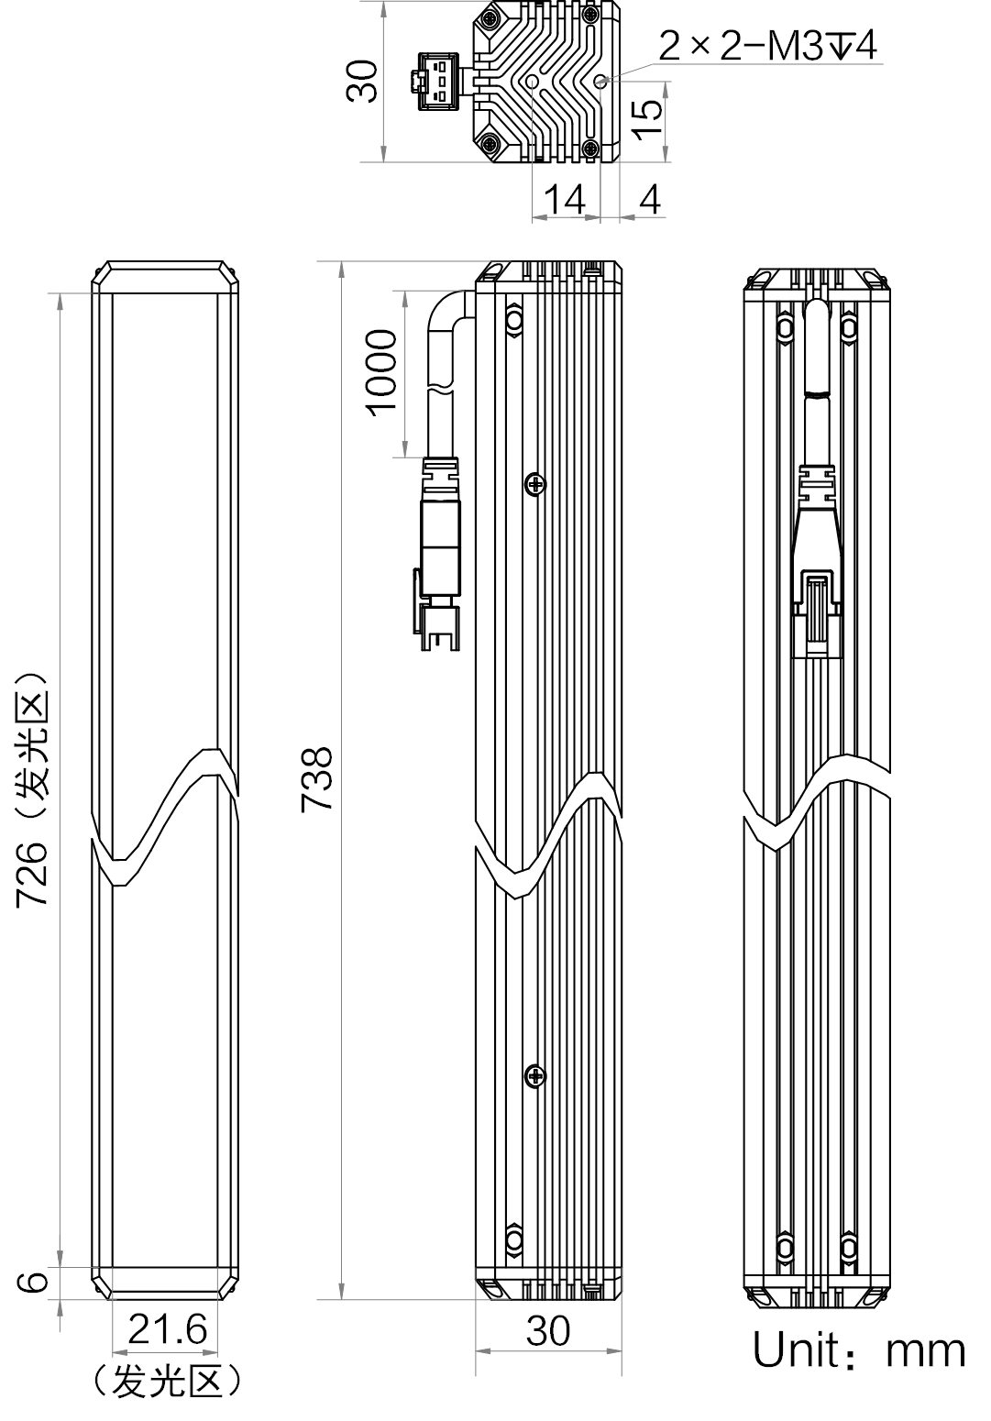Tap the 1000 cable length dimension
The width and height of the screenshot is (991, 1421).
point(382,373)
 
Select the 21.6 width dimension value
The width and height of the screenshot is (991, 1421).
point(168,1329)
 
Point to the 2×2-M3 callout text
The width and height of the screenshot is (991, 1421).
point(768,46)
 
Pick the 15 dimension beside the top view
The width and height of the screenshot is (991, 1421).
point(647,118)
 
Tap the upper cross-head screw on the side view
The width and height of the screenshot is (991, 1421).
point(536,485)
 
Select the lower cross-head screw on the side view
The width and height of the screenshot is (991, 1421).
point(536,1075)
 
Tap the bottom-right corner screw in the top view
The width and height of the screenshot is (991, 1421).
point(590,148)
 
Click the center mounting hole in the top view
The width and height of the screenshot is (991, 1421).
point(533,82)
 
